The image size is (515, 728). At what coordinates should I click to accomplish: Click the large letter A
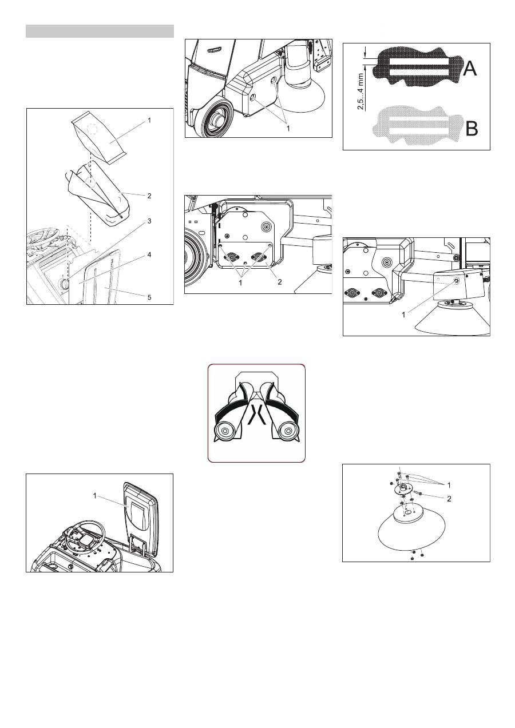tap(469, 69)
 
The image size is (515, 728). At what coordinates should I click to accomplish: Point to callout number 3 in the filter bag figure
tap(149, 220)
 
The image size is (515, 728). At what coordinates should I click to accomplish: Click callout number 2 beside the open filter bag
tap(149, 196)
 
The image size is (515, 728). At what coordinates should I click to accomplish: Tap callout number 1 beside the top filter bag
tap(149, 121)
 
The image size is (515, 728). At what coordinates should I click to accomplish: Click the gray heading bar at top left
tap(100, 31)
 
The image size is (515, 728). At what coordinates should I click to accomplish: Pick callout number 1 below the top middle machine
tap(288, 129)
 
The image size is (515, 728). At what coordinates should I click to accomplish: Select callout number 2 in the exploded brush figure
tap(449, 499)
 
